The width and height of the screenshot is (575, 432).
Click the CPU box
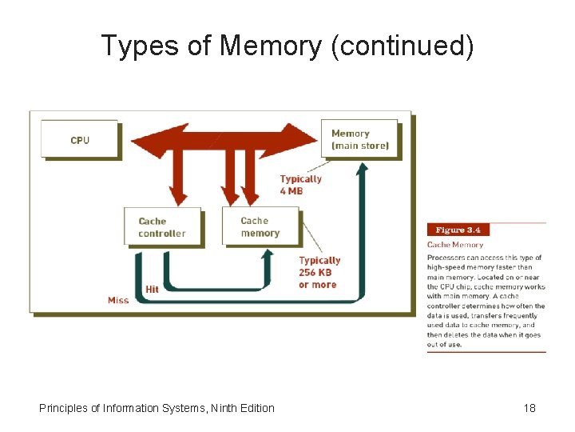coord(79,139)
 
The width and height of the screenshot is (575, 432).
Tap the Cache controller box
coord(162,226)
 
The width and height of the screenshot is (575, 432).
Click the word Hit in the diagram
coord(152,289)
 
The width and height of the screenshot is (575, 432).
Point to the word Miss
coord(117,300)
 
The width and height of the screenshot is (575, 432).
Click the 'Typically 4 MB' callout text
coord(301,184)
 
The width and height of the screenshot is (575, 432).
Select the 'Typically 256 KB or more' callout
coord(319,272)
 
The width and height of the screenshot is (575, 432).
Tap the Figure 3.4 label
coord(456,230)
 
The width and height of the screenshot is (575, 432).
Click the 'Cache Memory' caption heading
coord(455,244)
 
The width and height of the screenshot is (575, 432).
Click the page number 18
coord(529,408)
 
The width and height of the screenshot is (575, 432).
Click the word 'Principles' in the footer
coord(64,408)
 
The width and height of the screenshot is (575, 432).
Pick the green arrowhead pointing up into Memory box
coord(364,167)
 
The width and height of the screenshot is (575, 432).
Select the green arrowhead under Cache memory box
coord(268,254)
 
